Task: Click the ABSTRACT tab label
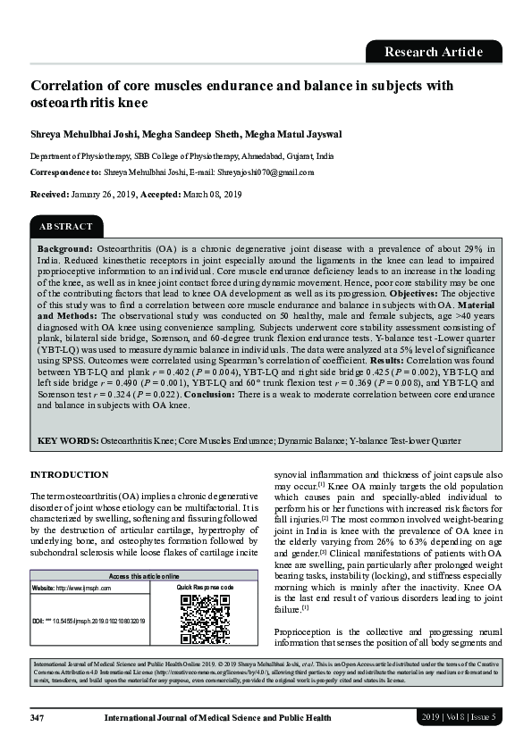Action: click(65, 227)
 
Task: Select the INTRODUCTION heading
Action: click(70, 474)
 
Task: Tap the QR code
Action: click(205, 619)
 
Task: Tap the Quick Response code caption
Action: click(205, 587)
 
